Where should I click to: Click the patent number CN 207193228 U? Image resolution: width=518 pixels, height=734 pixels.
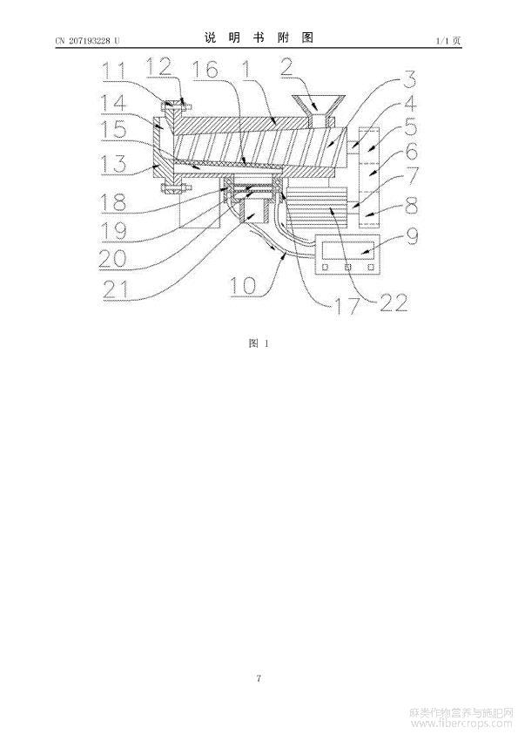click(87, 41)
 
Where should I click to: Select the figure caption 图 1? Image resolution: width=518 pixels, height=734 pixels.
click(259, 343)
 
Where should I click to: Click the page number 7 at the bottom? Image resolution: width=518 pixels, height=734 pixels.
click(259, 678)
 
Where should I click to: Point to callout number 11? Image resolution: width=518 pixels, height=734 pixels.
click(113, 71)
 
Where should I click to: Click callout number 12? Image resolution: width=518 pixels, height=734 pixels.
click(159, 67)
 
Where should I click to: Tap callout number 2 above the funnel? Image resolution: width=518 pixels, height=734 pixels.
click(286, 66)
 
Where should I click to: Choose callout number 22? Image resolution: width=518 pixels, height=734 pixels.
click(394, 302)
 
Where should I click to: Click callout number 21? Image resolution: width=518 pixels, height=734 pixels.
click(116, 290)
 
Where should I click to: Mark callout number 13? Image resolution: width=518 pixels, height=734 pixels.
click(113, 163)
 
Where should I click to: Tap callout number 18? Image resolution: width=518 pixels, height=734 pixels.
click(112, 201)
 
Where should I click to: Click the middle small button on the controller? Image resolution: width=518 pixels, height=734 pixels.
click(348, 268)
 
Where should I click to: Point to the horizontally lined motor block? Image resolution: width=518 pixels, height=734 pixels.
click(318, 207)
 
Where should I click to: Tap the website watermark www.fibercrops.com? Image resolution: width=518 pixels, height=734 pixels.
click(461, 724)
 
